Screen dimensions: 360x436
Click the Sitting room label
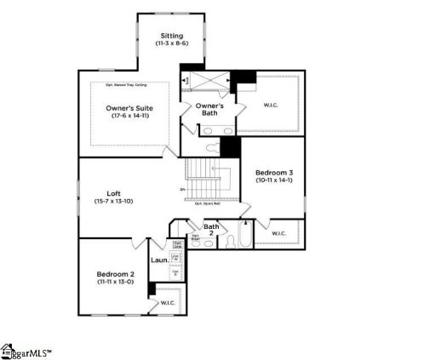171,36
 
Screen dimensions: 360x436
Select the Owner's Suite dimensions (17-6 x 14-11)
130,117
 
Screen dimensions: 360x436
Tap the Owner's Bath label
209,110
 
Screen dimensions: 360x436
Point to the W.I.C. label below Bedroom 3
278,232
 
